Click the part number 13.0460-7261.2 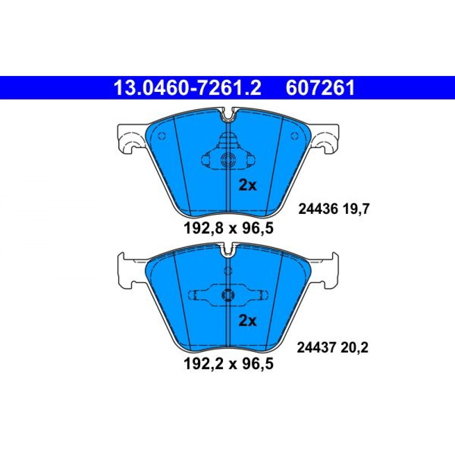tap(187, 88)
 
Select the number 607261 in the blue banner tap(320, 88)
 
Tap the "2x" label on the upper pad tap(248, 185)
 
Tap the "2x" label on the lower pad tap(248, 321)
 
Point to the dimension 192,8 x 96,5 tap(229, 228)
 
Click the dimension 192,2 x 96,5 tap(229, 364)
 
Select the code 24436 tap(318, 209)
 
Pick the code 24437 tap(317, 347)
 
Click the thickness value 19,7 tap(356, 209)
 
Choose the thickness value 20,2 tap(354, 347)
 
